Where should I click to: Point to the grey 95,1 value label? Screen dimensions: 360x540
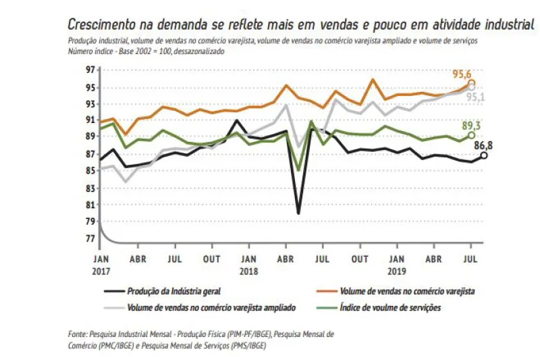click(x=476, y=97)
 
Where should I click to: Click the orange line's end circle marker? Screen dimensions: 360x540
click(x=472, y=83)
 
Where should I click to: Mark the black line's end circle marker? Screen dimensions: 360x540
click(x=484, y=155)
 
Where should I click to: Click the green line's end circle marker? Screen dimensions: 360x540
click(x=472, y=135)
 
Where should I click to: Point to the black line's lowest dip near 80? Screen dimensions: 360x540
click(x=298, y=213)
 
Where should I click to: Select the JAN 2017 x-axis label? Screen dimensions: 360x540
click(x=100, y=263)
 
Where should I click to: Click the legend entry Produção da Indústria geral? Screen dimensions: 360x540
click(x=173, y=291)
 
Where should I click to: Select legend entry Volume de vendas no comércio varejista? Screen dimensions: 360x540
click(x=406, y=291)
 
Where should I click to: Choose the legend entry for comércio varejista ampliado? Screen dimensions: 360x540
click(x=211, y=307)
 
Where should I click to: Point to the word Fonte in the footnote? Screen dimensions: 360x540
click(x=78, y=334)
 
